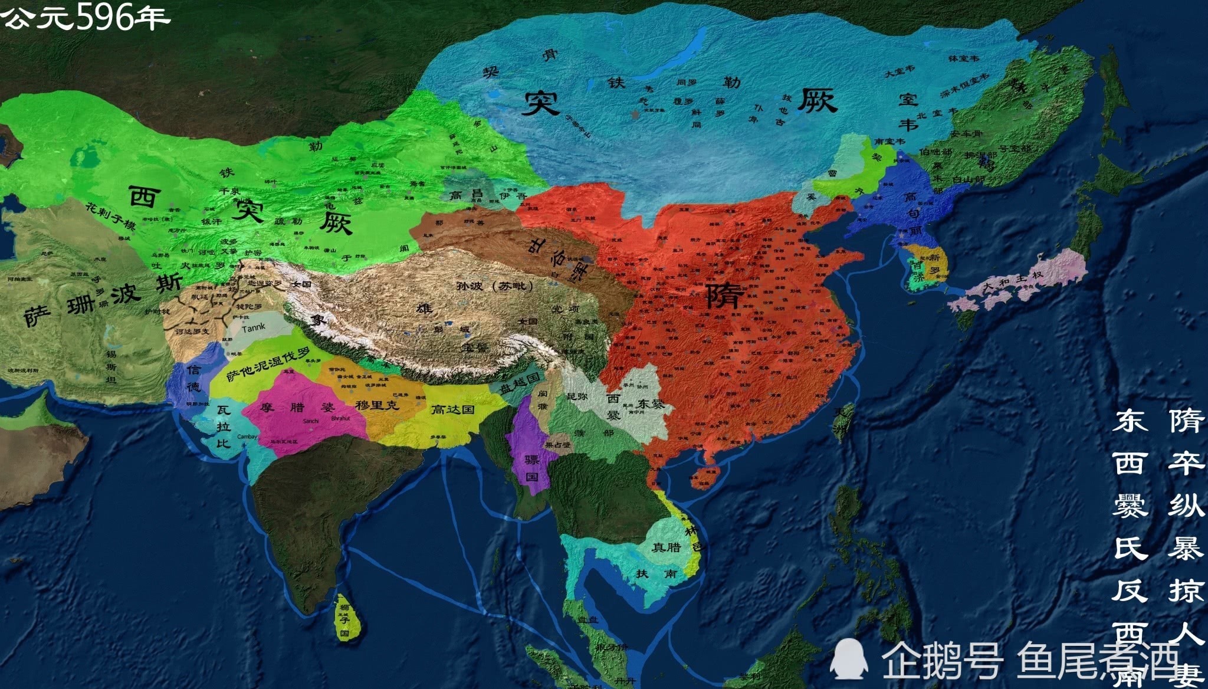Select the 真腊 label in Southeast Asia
(x=666, y=547)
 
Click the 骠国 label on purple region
(x=532, y=467)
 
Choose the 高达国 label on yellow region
(x=452, y=409)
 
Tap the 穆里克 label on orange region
(x=377, y=405)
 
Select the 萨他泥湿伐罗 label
(x=268, y=366)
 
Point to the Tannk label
(x=254, y=327)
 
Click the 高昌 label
(x=465, y=195)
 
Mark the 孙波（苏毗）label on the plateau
(x=494, y=286)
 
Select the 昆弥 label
(x=577, y=396)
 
